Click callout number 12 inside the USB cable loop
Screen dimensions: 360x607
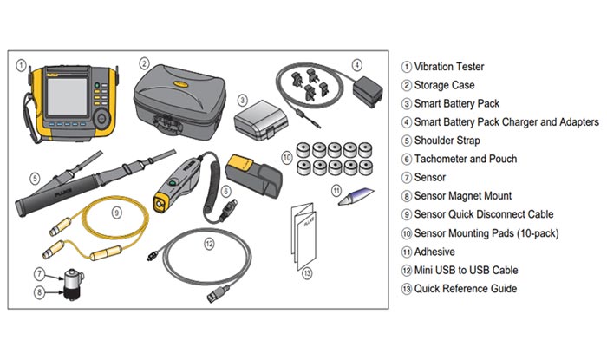click(x=207, y=244)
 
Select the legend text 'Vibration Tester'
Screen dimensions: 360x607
click(x=449, y=66)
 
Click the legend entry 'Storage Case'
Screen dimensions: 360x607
click(x=445, y=85)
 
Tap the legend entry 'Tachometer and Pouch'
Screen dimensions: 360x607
click(x=465, y=159)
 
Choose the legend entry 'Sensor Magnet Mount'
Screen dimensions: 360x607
click(x=463, y=196)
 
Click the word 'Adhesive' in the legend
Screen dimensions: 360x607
click(x=435, y=252)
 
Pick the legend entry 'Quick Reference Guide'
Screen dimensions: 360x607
click(x=465, y=289)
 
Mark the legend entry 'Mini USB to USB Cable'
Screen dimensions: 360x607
click(x=466, y=270)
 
